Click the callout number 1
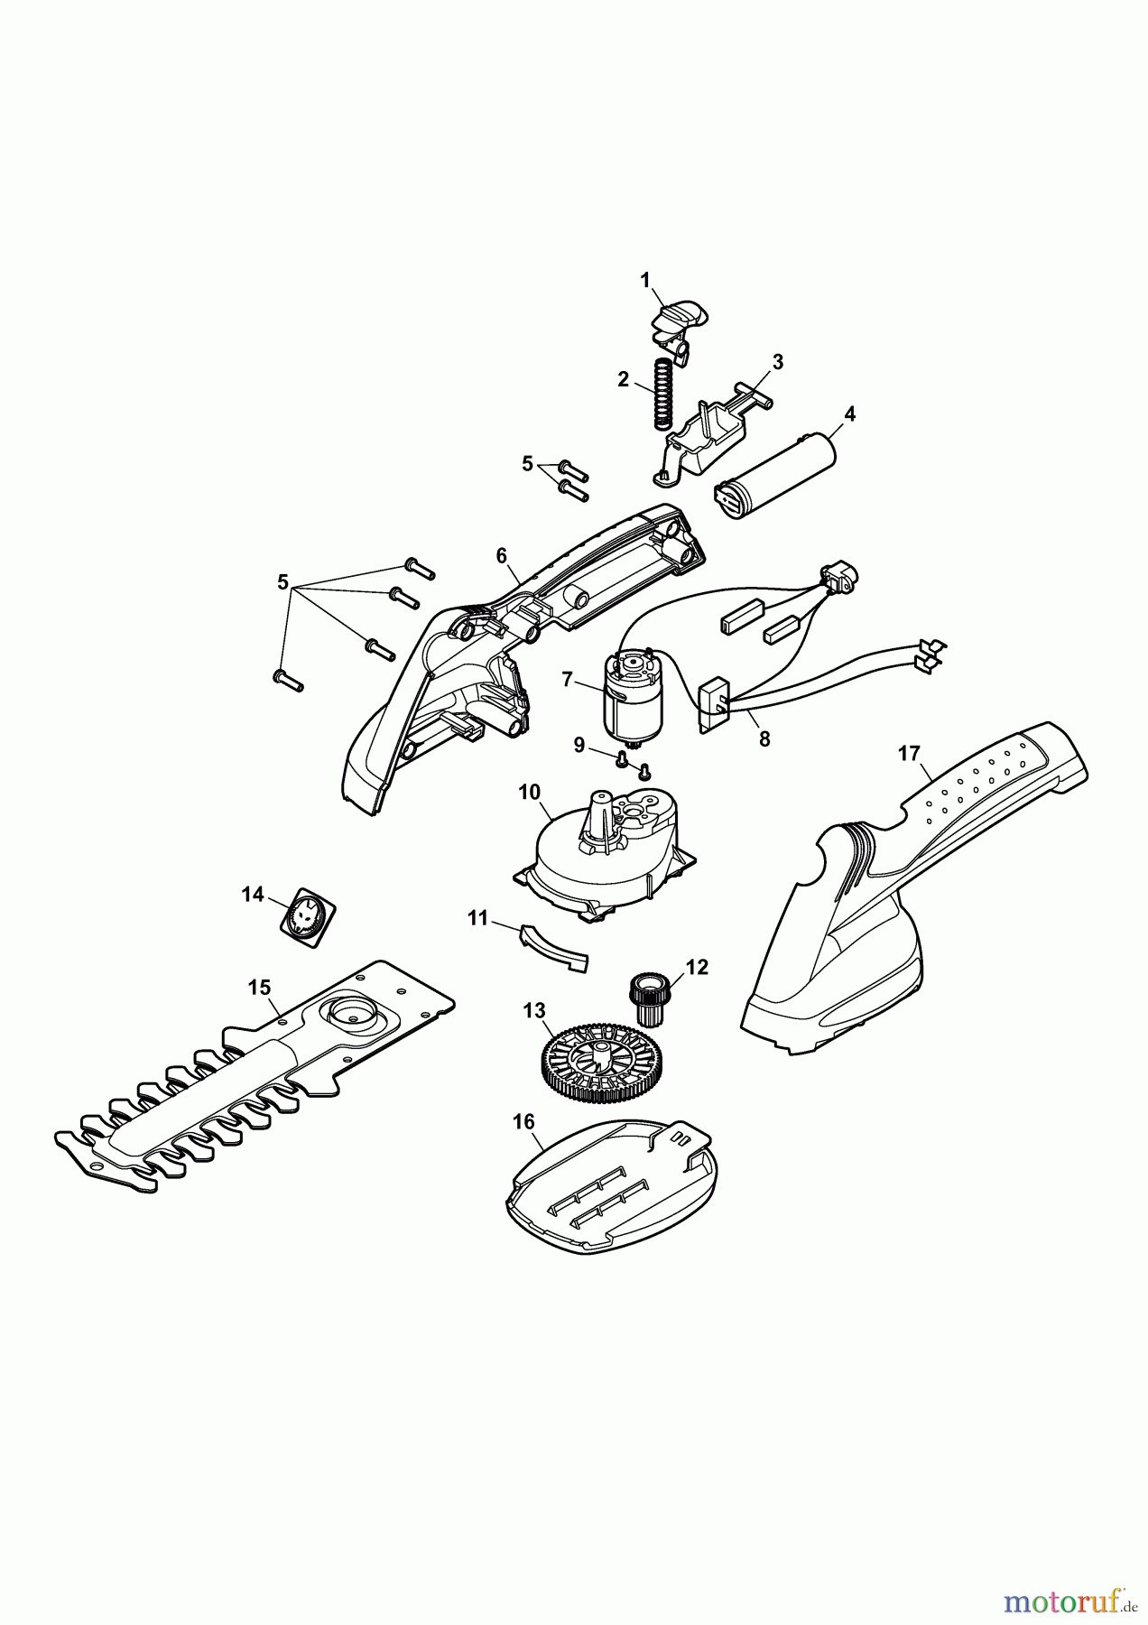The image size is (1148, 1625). [645, 281]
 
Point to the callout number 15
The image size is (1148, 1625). [259, 987]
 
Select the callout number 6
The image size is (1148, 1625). [502, 556]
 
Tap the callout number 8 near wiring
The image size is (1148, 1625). [764, 738]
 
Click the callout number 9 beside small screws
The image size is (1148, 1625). [580, 745]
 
